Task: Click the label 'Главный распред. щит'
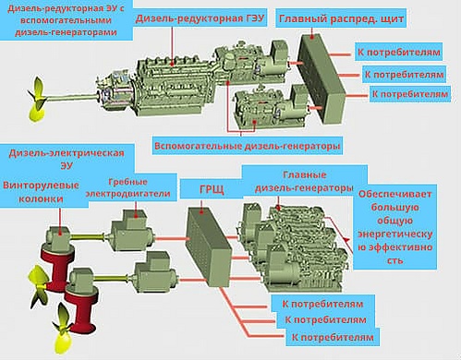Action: (341, 18)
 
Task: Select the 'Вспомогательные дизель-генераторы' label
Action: (248, 146)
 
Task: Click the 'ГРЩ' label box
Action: (212, 189)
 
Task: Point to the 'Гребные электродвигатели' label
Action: (127, 187)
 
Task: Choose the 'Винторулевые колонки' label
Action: (41, 192)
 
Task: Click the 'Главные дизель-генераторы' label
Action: (304, 182)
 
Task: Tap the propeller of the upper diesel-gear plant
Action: (37, 99)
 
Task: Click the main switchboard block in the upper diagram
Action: (321, 78)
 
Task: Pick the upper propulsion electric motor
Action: (132, 230)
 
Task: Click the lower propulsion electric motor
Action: (155, 272)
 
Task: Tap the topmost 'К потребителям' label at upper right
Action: (398, 52)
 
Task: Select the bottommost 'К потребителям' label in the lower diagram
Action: (333, 338)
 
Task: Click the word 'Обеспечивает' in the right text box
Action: (395, 195)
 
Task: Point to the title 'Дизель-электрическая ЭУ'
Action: (67, 159)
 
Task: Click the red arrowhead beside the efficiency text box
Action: (346, 239)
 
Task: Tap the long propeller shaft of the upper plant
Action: (71, 98)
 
